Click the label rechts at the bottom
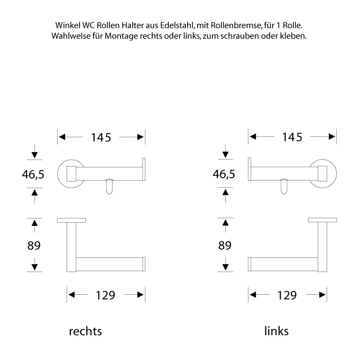coord(85,332)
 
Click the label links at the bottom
coord(276,332)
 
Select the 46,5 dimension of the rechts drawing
coord(33,174)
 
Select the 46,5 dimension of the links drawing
coord(224,174)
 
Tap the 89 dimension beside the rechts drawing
coord(34,245)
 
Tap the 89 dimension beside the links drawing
coord(225,245)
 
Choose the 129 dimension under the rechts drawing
coord(106,295)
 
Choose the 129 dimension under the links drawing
coord(288,295)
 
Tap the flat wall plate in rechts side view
coord(72,220)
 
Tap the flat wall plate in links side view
coord(322,220)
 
